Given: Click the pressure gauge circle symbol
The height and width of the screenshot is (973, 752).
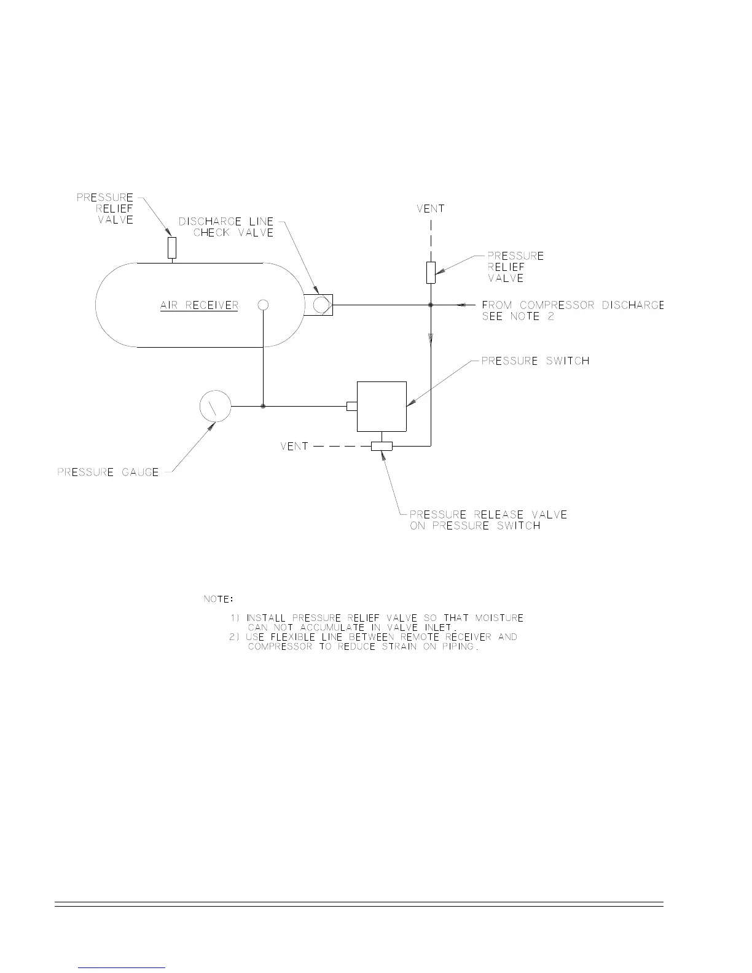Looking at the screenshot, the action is point(215,406).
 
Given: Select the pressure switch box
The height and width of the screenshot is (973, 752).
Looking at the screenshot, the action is point(382,406).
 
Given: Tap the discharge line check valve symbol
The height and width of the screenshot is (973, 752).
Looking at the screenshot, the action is point(319,305).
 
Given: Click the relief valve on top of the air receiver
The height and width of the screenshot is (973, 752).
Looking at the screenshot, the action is point(172,248).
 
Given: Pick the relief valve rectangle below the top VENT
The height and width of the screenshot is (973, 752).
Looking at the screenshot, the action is point(431,272).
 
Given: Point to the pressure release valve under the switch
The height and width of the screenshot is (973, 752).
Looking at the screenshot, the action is point(382,446).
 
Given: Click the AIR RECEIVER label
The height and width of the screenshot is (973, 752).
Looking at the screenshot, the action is point(199,305).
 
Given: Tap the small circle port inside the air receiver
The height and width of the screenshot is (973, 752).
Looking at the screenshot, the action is point(263,305).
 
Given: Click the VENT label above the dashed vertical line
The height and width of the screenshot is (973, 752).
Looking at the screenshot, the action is point(430,209).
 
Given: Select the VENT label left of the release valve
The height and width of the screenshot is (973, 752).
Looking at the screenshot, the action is point(294,446).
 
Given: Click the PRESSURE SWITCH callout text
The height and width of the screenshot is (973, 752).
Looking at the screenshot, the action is point(535,361).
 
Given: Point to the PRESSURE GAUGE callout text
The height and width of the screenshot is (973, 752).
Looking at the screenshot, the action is point(108,472).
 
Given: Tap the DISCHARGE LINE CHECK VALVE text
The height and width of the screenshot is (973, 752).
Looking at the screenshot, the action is point(226,227).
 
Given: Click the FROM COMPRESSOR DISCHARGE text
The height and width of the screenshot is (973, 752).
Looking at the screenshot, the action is point(573,305).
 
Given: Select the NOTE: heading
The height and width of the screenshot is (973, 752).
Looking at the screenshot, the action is point(218,598).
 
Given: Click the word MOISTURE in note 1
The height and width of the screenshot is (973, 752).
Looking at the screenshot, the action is point(499,617).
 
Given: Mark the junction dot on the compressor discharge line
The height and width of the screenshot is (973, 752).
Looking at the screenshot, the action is point(431,305).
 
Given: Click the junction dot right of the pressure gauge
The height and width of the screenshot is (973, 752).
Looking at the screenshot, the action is point(263,406).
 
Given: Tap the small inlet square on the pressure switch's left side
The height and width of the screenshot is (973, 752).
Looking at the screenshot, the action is point(352,406).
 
